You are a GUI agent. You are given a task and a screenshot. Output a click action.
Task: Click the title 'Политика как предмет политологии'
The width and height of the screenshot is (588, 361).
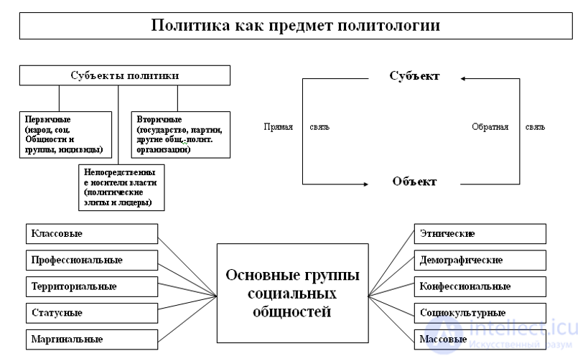[295, 26]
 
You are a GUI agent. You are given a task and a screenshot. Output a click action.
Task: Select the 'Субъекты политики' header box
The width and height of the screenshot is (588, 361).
[125, 75]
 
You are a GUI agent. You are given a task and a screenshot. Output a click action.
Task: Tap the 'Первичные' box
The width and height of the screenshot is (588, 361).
[62, 134]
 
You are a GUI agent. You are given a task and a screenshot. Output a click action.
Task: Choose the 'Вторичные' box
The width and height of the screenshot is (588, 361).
[180, 134]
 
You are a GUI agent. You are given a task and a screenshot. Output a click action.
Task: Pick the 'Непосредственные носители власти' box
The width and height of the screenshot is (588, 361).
[121, 188]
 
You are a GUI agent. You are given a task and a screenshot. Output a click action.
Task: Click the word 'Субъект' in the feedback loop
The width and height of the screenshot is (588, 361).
[414, 75]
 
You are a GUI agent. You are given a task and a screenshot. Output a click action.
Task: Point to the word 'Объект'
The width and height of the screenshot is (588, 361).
[414, 182]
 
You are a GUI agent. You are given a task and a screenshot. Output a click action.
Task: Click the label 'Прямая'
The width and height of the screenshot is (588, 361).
[278, 127]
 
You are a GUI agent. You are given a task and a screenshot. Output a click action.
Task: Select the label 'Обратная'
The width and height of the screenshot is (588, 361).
[490, 127]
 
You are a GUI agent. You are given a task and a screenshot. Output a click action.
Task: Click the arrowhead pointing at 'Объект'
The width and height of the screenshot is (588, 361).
[366, 182]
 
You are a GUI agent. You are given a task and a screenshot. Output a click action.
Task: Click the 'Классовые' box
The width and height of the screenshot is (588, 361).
[91, 234]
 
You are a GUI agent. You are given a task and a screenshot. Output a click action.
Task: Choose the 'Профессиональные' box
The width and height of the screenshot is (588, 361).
[91, 259]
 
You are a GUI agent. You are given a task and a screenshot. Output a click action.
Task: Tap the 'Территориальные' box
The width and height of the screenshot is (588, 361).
[91, 286]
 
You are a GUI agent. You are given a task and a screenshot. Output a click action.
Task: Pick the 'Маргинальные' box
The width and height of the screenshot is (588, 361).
[91, 337]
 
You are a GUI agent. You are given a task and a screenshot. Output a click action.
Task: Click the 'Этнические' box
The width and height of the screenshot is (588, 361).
[480, 234]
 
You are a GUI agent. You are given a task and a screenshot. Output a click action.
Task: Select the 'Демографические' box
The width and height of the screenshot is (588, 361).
[480, 260]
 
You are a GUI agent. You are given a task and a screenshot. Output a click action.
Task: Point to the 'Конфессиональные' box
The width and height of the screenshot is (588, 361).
[480, 286]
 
